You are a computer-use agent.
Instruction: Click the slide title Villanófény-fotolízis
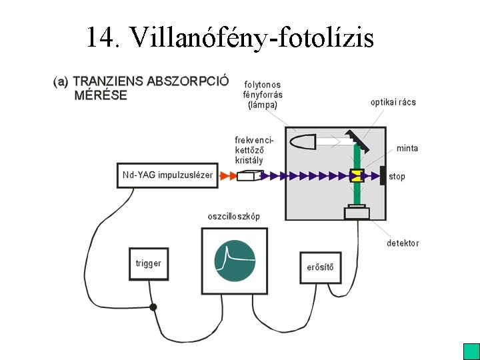(229, 37)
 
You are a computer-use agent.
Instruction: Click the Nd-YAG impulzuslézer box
(167, 175)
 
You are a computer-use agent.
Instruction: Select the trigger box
(148, 264)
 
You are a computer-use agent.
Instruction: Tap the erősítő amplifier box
(320, 269)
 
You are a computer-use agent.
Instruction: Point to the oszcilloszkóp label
(234, 217)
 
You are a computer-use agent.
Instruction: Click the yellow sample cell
(356, 176)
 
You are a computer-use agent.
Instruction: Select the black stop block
(383, 175)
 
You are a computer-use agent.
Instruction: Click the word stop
(397, 177)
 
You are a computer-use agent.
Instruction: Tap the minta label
(407, 148)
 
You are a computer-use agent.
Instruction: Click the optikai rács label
(393, 102)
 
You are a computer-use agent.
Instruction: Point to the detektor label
(403, 243)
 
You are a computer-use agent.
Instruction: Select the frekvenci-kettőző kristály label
(249, 150)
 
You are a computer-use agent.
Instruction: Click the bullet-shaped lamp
(303, 141)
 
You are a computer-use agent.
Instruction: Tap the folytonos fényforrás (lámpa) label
(263, 95)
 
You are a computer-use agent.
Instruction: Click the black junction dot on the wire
(153, 307)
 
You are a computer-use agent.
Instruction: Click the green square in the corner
(471, 351)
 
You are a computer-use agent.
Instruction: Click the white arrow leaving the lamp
(331, 141)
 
